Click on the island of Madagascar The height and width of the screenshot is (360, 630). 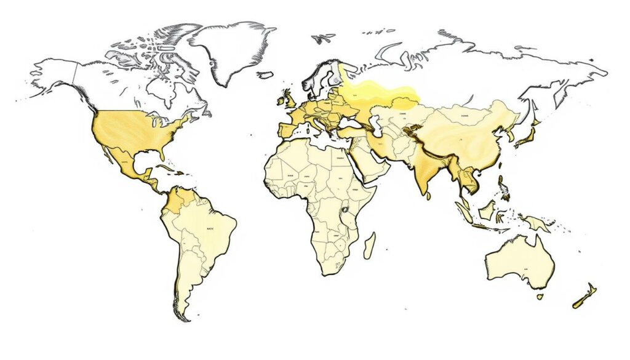pyautogui.click(x=369, y=245)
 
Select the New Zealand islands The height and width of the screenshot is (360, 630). pyautogui.click(x=584, y=296)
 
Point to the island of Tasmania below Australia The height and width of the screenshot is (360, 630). pyautogui.click(x=540, y=297)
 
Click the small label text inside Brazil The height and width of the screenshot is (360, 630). pyautogui.click(x=210, y=228)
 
